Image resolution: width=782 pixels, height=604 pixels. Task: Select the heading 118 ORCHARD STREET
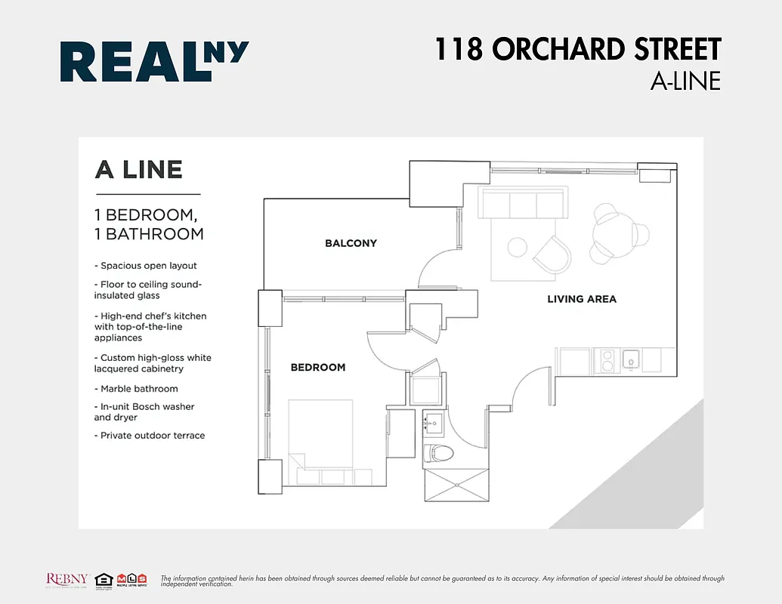(x=577, y=50)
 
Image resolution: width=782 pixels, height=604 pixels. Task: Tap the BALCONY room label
(x=351, y=243)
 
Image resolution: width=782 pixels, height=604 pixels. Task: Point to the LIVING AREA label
(x=582, y=299)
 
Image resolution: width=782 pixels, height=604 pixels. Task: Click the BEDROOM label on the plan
(x=318, y=368)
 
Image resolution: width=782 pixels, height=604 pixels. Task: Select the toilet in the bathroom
(x=438, y=454)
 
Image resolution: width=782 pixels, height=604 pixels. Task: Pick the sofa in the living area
(x=524, y=205)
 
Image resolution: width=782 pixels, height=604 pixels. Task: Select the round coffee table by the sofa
(x=518, y=248)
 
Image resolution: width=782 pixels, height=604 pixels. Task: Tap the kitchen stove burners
(x=606, y=360)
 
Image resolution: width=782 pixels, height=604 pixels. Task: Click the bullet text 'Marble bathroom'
(x=139, y=389)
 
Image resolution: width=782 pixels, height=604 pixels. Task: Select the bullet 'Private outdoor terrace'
(x=152, y=436)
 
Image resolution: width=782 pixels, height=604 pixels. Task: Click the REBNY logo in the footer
(x=68, y=579)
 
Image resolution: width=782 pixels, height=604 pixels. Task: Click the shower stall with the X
(x=457, y=483)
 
